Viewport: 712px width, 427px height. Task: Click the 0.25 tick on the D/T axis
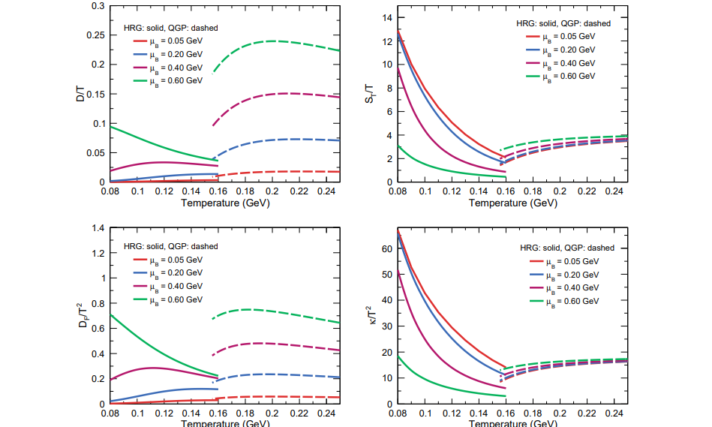[x=98, y=35]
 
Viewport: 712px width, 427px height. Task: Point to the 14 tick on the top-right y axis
[x=389, y=17]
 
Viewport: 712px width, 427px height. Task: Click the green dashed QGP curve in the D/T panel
[x=270, y=41]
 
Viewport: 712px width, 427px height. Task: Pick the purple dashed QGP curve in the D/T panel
[x=285, y=94]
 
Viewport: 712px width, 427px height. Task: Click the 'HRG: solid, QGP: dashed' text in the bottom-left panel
[x=171, y=246]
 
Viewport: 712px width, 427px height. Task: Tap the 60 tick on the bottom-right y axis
[x=388, y=249]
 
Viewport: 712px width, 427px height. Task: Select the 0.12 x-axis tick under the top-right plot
[x=452, y=192]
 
